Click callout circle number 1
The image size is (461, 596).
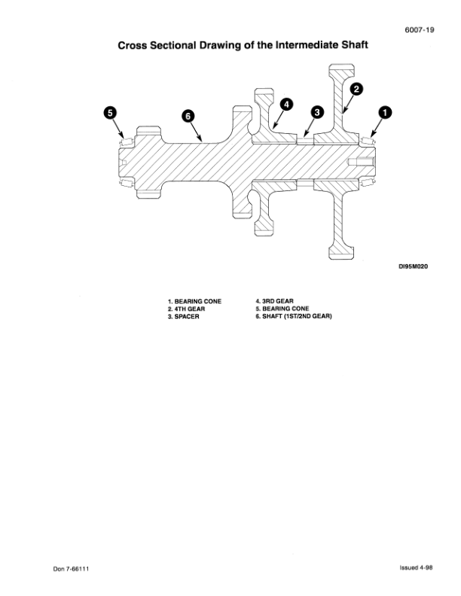[x=385, y=113]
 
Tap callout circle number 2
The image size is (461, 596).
[x=356, y=89]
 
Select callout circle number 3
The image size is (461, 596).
[x=317, y=112]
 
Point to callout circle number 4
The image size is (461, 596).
[x=286, y=105]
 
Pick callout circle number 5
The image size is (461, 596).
[x=110, y=113]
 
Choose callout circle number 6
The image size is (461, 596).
[x=188, y=116]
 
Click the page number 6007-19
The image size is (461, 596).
[x=419, y=30]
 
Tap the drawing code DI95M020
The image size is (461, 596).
[x=413, y=266]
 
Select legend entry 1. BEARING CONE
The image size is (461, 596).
[x=194, y=302]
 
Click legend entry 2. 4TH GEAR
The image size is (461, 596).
[x=186, y=309]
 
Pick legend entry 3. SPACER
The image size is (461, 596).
[x=183, y=317]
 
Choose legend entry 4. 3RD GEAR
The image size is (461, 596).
[x=274, y=301]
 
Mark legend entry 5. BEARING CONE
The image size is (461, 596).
[x=282, y=309]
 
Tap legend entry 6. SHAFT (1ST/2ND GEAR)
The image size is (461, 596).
[x=294, y=316]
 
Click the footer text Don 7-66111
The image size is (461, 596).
[x=71, y=569]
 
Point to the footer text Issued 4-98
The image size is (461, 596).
[x=416, y=568]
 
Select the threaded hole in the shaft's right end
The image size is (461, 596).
[x=361, y=162]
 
